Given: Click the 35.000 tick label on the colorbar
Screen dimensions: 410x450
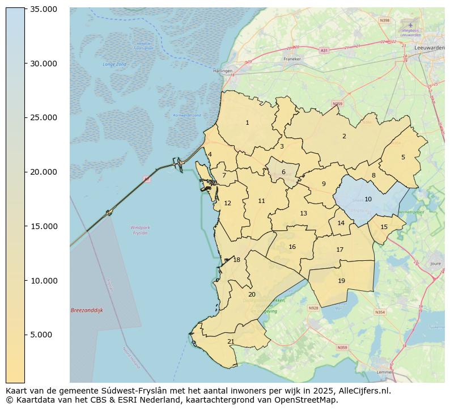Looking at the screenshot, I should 44,10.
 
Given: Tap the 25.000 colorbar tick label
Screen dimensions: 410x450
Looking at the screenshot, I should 44,118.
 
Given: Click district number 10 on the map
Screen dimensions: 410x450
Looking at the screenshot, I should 368,200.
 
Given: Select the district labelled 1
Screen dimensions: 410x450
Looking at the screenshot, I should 247,123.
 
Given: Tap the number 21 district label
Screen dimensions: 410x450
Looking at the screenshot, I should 231,342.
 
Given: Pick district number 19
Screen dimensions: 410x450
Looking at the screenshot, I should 341,281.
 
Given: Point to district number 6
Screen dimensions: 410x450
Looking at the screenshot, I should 283,172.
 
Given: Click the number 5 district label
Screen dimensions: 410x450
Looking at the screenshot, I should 403,158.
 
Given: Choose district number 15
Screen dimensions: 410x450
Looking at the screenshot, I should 384,227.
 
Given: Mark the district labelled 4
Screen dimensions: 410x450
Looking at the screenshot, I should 210,154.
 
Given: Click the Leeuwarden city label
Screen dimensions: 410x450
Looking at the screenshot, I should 429,48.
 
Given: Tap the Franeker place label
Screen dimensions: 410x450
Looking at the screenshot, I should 292,58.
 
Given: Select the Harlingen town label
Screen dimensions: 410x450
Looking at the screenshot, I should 223,71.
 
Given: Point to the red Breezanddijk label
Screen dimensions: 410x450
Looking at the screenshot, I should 87,311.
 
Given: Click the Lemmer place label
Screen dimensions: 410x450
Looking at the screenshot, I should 385,372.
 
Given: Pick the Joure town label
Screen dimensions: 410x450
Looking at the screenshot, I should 435,264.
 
